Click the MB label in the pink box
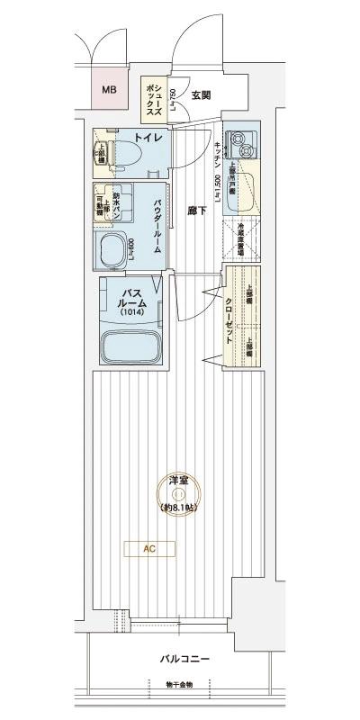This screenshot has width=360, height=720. [x=109, y=90]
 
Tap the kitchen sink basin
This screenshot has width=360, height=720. [x=246, y=185]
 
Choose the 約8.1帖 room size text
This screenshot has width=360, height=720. [x=178, y=508]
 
